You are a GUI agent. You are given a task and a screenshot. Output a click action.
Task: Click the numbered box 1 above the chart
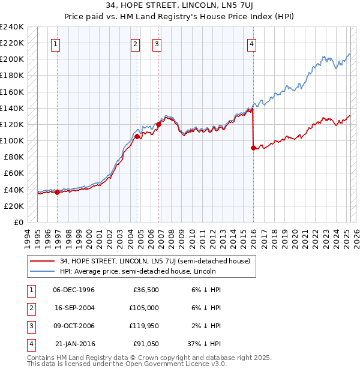[x=55, y=44]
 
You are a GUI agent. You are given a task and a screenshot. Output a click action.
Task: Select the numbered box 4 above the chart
[x=252, y=44]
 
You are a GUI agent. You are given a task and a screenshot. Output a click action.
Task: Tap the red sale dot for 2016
[x=253, y=148]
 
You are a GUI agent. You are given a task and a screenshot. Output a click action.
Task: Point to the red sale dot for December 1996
[x=58, y=192]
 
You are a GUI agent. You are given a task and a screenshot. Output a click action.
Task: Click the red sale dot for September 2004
[x=137, y=136]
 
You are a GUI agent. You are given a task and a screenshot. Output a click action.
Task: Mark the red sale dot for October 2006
[x=159, y=124]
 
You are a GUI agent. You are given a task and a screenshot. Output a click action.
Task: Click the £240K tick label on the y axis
[x=12, y=27]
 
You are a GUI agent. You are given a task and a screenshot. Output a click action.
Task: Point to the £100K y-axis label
[x=12, y=140]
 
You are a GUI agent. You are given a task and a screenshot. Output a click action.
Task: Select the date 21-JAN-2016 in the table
[x=74, y=344]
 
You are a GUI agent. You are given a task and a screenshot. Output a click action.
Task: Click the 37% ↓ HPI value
[x=204, y=344]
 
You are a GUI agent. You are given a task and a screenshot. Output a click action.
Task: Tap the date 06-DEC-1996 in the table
[x=74, y=290]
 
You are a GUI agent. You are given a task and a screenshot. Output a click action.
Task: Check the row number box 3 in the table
[x=31, y=326]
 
